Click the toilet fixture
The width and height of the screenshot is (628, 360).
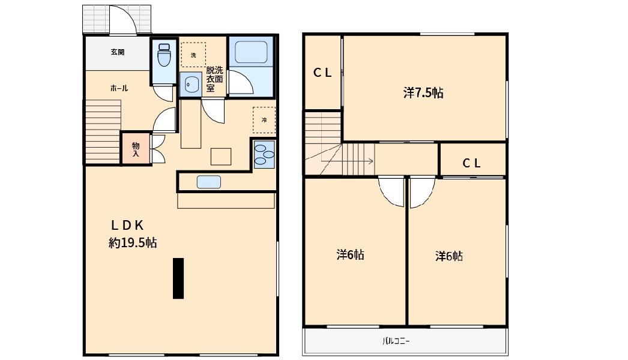165,55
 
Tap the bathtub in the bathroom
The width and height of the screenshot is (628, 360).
251,52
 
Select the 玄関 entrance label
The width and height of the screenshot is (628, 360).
117,52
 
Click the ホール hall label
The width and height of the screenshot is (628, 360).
119,88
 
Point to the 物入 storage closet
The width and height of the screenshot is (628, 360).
136,149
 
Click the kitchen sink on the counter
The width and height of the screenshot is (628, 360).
209,182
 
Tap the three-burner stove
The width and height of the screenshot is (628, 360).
264,154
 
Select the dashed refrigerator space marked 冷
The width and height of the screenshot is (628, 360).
264,120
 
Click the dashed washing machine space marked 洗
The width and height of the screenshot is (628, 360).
193,55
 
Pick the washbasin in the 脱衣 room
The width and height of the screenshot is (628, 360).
191,85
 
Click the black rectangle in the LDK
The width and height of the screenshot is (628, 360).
178,278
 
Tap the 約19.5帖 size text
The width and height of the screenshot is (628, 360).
133,242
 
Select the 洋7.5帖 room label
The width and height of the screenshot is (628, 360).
423,93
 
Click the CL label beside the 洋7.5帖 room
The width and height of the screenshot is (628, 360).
322,73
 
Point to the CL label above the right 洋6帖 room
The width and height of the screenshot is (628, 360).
471,163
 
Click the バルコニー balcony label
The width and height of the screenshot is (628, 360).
396,341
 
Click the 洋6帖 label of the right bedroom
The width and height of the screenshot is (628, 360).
449,256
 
